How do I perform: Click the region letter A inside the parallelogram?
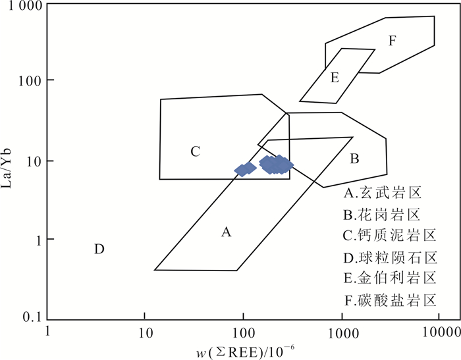click(227, 232)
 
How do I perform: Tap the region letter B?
click(354, 159)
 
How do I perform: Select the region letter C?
click(195, 151)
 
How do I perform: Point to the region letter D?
click(99, 249)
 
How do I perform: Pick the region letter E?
click(335, 78)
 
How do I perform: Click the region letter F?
click(392, 41)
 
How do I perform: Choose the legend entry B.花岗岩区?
click(383, 215)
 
